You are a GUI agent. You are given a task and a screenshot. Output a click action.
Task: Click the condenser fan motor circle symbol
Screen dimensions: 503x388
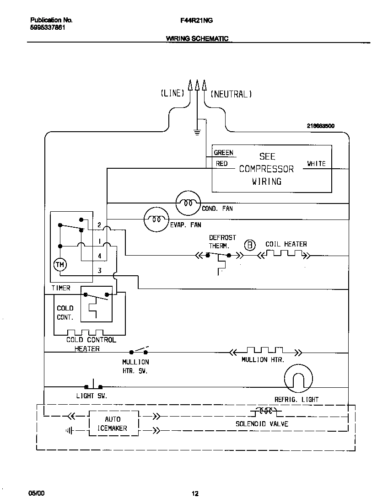[x=188, y=202]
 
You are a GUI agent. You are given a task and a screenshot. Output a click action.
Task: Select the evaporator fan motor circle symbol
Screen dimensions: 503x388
[x=156, y=220]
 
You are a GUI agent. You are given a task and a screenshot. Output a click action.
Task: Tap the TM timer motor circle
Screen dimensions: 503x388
[x=60, y=264]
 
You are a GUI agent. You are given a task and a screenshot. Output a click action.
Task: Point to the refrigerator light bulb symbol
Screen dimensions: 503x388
[x=298, y=379]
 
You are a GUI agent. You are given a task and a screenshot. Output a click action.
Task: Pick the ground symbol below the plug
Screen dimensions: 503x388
[x=197, y=133]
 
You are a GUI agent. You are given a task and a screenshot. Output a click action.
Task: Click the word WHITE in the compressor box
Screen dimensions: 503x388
[x=316, y=164]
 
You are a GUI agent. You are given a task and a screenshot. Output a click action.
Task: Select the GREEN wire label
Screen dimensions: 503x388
[x=223, y=153]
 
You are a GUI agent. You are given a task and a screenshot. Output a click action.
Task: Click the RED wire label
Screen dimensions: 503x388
[x=221, y=164]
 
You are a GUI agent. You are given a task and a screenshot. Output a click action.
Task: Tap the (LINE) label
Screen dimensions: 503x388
[x=172, y=93]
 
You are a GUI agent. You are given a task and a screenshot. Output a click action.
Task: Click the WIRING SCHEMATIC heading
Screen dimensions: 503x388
[x=197, y=39]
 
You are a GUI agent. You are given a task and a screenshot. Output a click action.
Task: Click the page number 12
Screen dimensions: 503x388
[x=195, y=493]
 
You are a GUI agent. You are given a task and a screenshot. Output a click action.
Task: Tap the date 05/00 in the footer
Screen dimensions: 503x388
[x=37, y=493]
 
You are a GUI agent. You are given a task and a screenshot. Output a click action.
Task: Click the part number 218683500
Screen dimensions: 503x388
[x=321, y=126]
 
